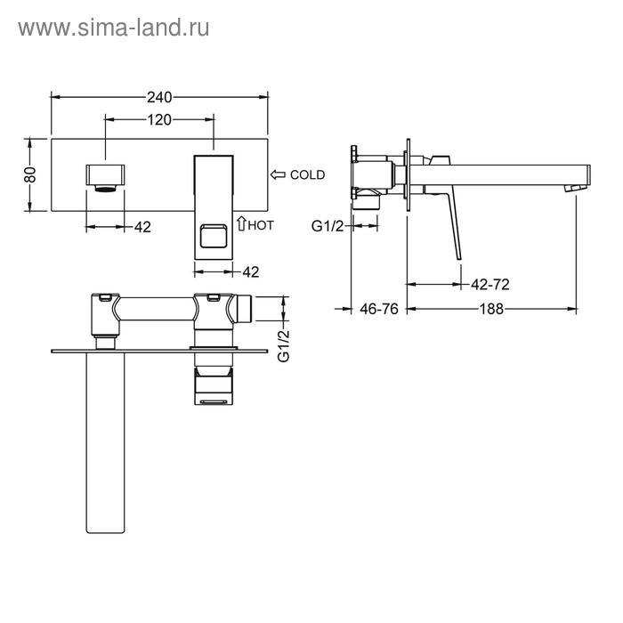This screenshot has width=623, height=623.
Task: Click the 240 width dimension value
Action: (159, 97)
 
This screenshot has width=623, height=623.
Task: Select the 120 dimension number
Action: (159, 119)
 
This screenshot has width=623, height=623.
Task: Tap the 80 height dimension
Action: (30, 174)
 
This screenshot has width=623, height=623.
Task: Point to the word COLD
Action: (307, 174)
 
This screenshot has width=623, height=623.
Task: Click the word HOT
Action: (261, 225)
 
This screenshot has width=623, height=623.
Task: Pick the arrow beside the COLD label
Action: (278, 174)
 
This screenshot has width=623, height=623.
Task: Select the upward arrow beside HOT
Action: (241, 223)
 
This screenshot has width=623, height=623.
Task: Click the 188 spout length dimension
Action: (491, 309)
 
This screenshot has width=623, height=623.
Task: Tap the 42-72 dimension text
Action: (489, 285)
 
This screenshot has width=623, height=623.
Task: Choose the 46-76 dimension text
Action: (378, 309)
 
